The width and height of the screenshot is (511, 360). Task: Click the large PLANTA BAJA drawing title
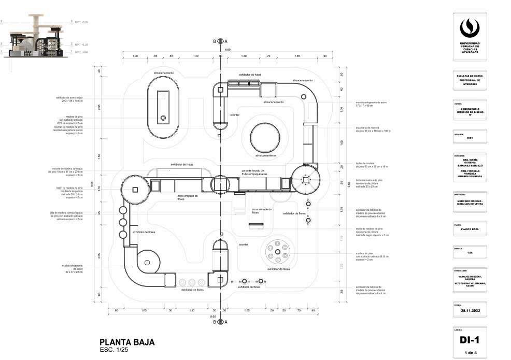[127, 342]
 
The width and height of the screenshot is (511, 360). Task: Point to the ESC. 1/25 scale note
[113, 350]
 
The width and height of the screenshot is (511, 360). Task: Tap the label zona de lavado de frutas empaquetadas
[254, 172]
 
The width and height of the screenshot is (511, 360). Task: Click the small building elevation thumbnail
[36, 38]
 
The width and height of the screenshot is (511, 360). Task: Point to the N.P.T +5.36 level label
[81, 22]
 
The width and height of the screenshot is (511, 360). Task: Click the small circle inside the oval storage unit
[163, 118]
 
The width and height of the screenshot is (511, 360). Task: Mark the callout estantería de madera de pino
[373, 129]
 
